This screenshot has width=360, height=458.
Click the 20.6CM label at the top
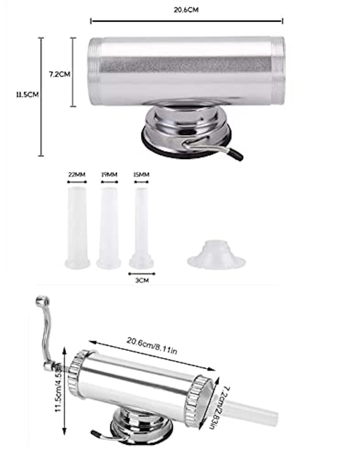pos(186,10)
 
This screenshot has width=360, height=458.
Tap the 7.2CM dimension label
pos(60,74)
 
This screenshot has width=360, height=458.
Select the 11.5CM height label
pos(27,94)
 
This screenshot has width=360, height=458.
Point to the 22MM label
pos(77,175)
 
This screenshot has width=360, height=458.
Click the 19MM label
pos(109,175)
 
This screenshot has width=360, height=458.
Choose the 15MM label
pos(141,175)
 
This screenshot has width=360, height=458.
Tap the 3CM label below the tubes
pos(142,281)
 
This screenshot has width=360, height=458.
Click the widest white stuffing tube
pos(77,228)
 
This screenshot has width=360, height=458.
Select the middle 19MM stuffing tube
pos(109,228)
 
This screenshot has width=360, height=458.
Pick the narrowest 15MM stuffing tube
pos(141,228)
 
